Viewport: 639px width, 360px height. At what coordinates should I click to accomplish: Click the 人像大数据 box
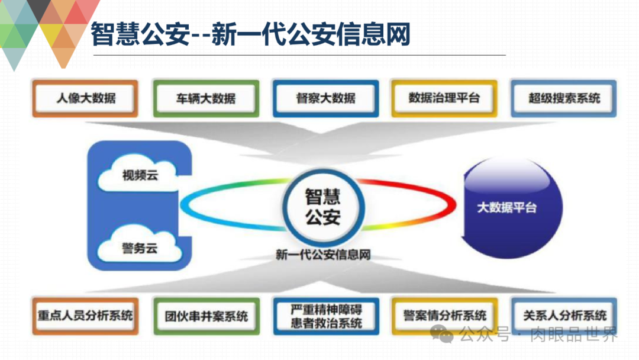(85, 98)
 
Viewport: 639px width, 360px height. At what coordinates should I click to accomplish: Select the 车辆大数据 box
(205, 98)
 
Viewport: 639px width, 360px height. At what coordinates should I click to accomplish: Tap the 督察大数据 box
(325, 98)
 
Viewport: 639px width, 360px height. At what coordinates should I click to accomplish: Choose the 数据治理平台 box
(444, 98)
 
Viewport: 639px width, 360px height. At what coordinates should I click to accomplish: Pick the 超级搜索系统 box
(563, 98)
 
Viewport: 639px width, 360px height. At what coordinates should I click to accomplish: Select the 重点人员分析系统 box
(85, 316)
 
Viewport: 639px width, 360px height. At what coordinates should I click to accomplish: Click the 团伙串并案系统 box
(206, 316)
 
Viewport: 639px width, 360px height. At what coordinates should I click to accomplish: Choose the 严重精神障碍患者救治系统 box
(326, 316)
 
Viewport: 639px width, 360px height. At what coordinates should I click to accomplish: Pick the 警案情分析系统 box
(444, 316)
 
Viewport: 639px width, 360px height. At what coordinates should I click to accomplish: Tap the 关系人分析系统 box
(564, 316)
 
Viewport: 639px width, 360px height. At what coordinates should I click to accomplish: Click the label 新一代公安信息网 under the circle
(323, 255)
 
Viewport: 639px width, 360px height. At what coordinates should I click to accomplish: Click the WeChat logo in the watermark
(442, 335)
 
